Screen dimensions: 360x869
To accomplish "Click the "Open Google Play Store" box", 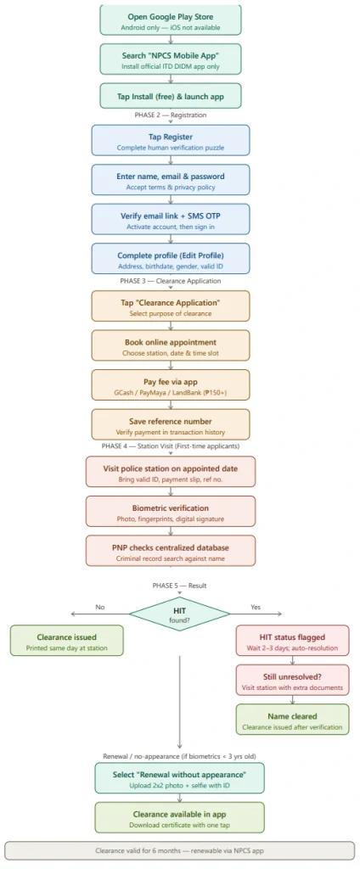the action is tap(171, 20).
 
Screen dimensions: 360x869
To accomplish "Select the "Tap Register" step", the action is tap(171, 140).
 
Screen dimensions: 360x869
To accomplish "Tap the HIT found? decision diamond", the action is tap(180, 614).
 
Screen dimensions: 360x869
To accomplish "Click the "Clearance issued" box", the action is tap(66, 641).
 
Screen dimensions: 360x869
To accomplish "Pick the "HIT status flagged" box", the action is tap(292, 641).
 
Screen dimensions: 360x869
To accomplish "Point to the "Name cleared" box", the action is tap(292, 720).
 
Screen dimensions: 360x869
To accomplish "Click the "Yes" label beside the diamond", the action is tap(256, 608).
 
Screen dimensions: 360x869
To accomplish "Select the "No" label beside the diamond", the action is tap(100, 608).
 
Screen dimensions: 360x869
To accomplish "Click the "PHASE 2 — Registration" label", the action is tap(171, 115).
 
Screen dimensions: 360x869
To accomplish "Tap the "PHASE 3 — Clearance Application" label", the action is tap(171, 281).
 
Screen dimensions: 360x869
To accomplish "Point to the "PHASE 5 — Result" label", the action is tap(180, 586).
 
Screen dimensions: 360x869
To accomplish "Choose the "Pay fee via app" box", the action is tap(171, 385).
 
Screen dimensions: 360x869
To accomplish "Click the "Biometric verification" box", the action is tap(171, 511).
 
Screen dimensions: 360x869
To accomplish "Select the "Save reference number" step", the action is tap(171, 424).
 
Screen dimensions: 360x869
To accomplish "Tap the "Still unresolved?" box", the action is tap(292, 680).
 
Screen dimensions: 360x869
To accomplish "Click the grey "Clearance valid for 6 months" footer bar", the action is tap(180, 850).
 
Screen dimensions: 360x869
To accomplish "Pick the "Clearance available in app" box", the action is tap(180, 817).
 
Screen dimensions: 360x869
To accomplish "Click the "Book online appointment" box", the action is tap(171, 346).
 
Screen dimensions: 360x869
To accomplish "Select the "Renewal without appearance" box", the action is tap(180, 778).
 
